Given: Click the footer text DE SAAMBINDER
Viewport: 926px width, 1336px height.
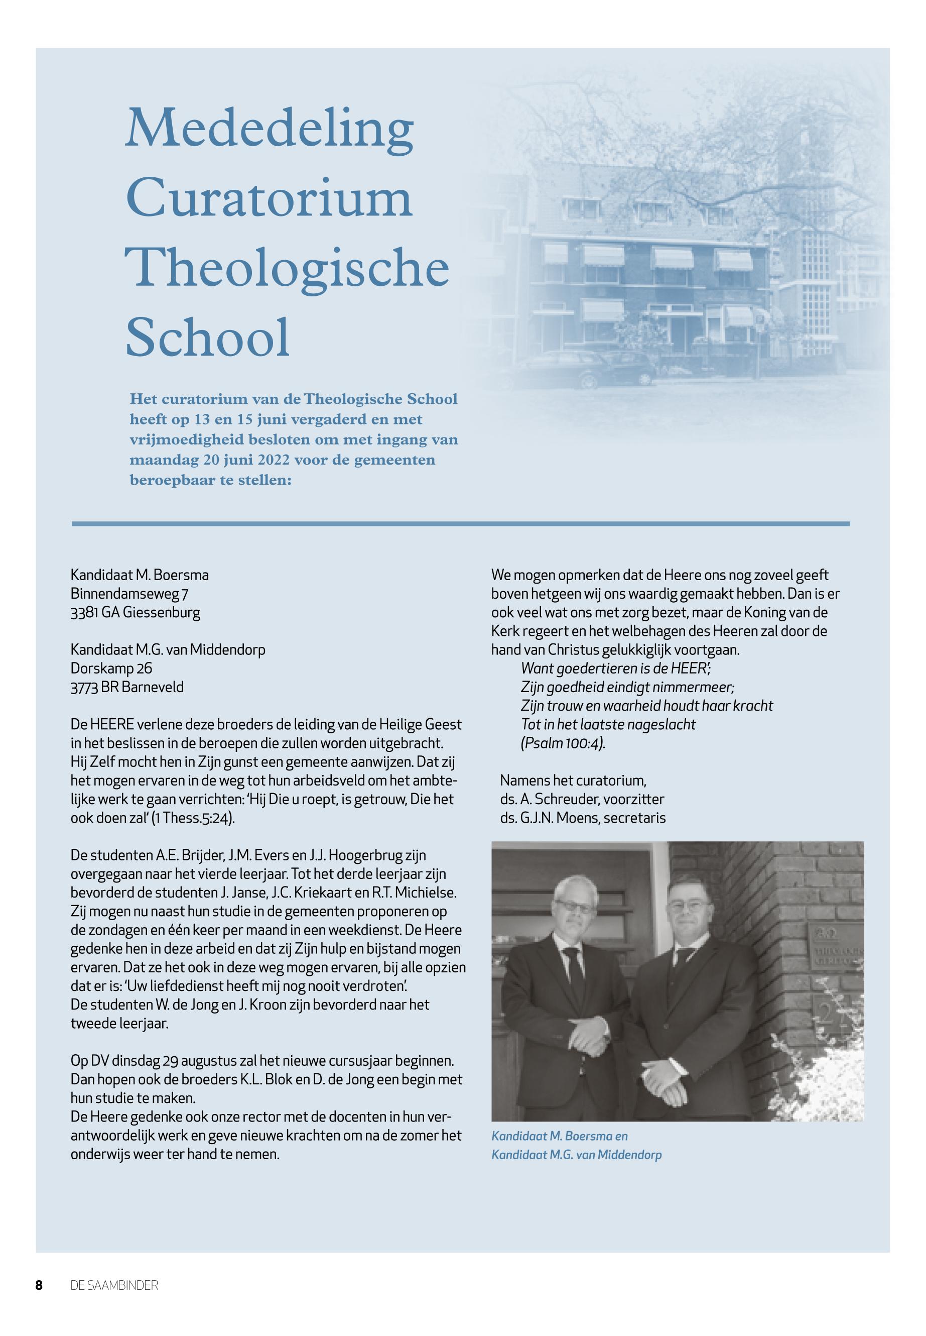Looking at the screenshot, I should tap(114, 1302).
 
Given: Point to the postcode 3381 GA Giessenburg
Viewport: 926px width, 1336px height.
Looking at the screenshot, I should tap(135, 613).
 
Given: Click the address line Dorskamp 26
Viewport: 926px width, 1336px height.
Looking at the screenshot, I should tap(111, 669).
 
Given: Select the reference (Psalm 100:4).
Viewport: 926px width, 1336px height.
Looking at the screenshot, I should tap(563, 743).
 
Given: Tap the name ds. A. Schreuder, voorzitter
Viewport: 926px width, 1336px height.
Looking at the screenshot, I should tap(582, 800).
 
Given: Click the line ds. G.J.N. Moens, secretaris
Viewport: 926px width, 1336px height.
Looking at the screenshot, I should tap(583, 818).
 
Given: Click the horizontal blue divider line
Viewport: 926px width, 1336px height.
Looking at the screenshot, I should tap(460, 524).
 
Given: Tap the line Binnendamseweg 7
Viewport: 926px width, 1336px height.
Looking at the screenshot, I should tap(129, 594).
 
